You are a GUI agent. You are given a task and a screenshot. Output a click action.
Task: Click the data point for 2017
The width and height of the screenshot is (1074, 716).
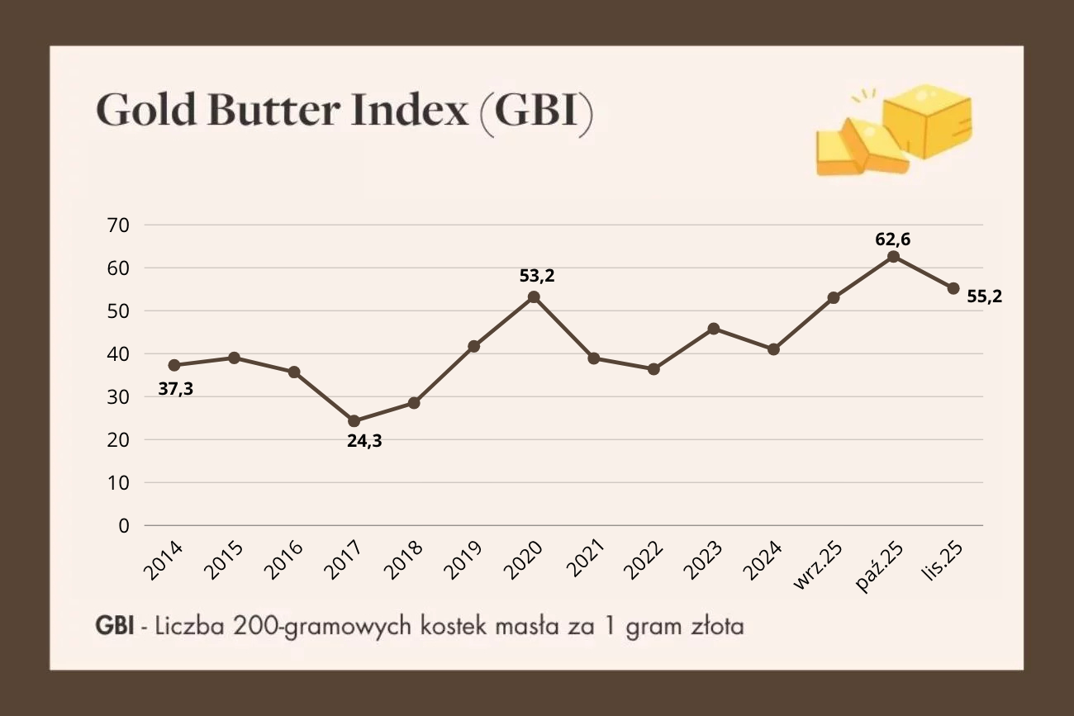(354, 421)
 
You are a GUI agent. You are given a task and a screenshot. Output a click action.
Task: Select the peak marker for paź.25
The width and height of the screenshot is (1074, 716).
(893, 257)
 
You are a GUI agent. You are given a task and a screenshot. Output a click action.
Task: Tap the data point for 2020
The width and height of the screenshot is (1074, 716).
(534, 296)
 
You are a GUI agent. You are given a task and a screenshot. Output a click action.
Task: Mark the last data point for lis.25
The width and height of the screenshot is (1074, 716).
(953, 288)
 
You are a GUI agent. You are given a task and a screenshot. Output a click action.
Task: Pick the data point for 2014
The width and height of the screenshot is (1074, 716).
(174, 365)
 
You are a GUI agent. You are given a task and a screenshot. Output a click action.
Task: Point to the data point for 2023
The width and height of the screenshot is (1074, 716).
(714, 329)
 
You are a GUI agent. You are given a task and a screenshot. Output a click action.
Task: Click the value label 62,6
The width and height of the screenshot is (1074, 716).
(893, 239)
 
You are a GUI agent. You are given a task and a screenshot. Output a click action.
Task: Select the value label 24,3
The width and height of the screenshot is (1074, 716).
(364, 440)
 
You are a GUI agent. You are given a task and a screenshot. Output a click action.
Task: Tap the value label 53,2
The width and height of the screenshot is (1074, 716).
(537, 276)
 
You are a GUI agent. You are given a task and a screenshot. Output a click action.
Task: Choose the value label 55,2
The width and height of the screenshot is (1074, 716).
(984, 296)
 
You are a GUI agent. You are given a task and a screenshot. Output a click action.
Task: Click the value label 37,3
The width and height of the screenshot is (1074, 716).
(176, 389)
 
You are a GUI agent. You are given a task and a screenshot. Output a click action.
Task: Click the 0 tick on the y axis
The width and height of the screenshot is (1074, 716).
(123, 525)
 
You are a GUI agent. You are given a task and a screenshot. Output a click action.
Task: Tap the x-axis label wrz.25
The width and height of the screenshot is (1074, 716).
(819, 566)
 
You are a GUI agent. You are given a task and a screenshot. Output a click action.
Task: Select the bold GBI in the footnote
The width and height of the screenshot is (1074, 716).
(114, 627)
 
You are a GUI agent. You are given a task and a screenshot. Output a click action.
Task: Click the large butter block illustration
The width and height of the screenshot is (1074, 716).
(927, 126)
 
